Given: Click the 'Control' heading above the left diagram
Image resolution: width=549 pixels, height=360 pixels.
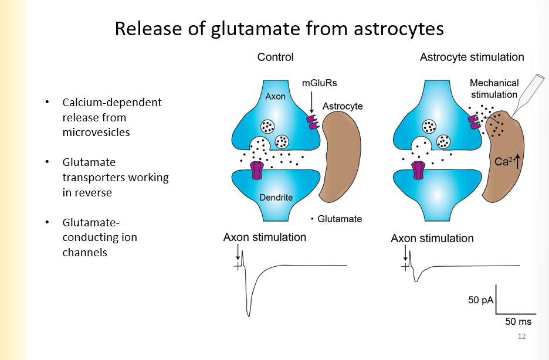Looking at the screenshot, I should click(275, 57).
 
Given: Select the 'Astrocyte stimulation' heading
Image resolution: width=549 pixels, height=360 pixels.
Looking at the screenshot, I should click(472, 57).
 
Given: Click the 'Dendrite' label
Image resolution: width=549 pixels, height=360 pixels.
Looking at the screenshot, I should click(276, 198).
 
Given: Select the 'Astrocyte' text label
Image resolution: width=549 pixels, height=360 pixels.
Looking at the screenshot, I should click(343, 106).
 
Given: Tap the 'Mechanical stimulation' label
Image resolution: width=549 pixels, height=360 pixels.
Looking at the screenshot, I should click(494, 89).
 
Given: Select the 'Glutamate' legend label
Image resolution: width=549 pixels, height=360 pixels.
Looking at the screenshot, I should click(339, 219).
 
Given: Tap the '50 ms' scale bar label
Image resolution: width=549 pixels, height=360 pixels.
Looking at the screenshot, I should click(518, 321).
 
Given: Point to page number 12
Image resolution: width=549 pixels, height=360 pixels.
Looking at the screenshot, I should click(521, 337).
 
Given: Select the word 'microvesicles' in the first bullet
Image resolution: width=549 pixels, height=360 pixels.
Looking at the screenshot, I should click(96, 132).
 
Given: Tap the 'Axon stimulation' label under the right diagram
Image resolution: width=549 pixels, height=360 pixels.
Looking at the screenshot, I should click(432, 239).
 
